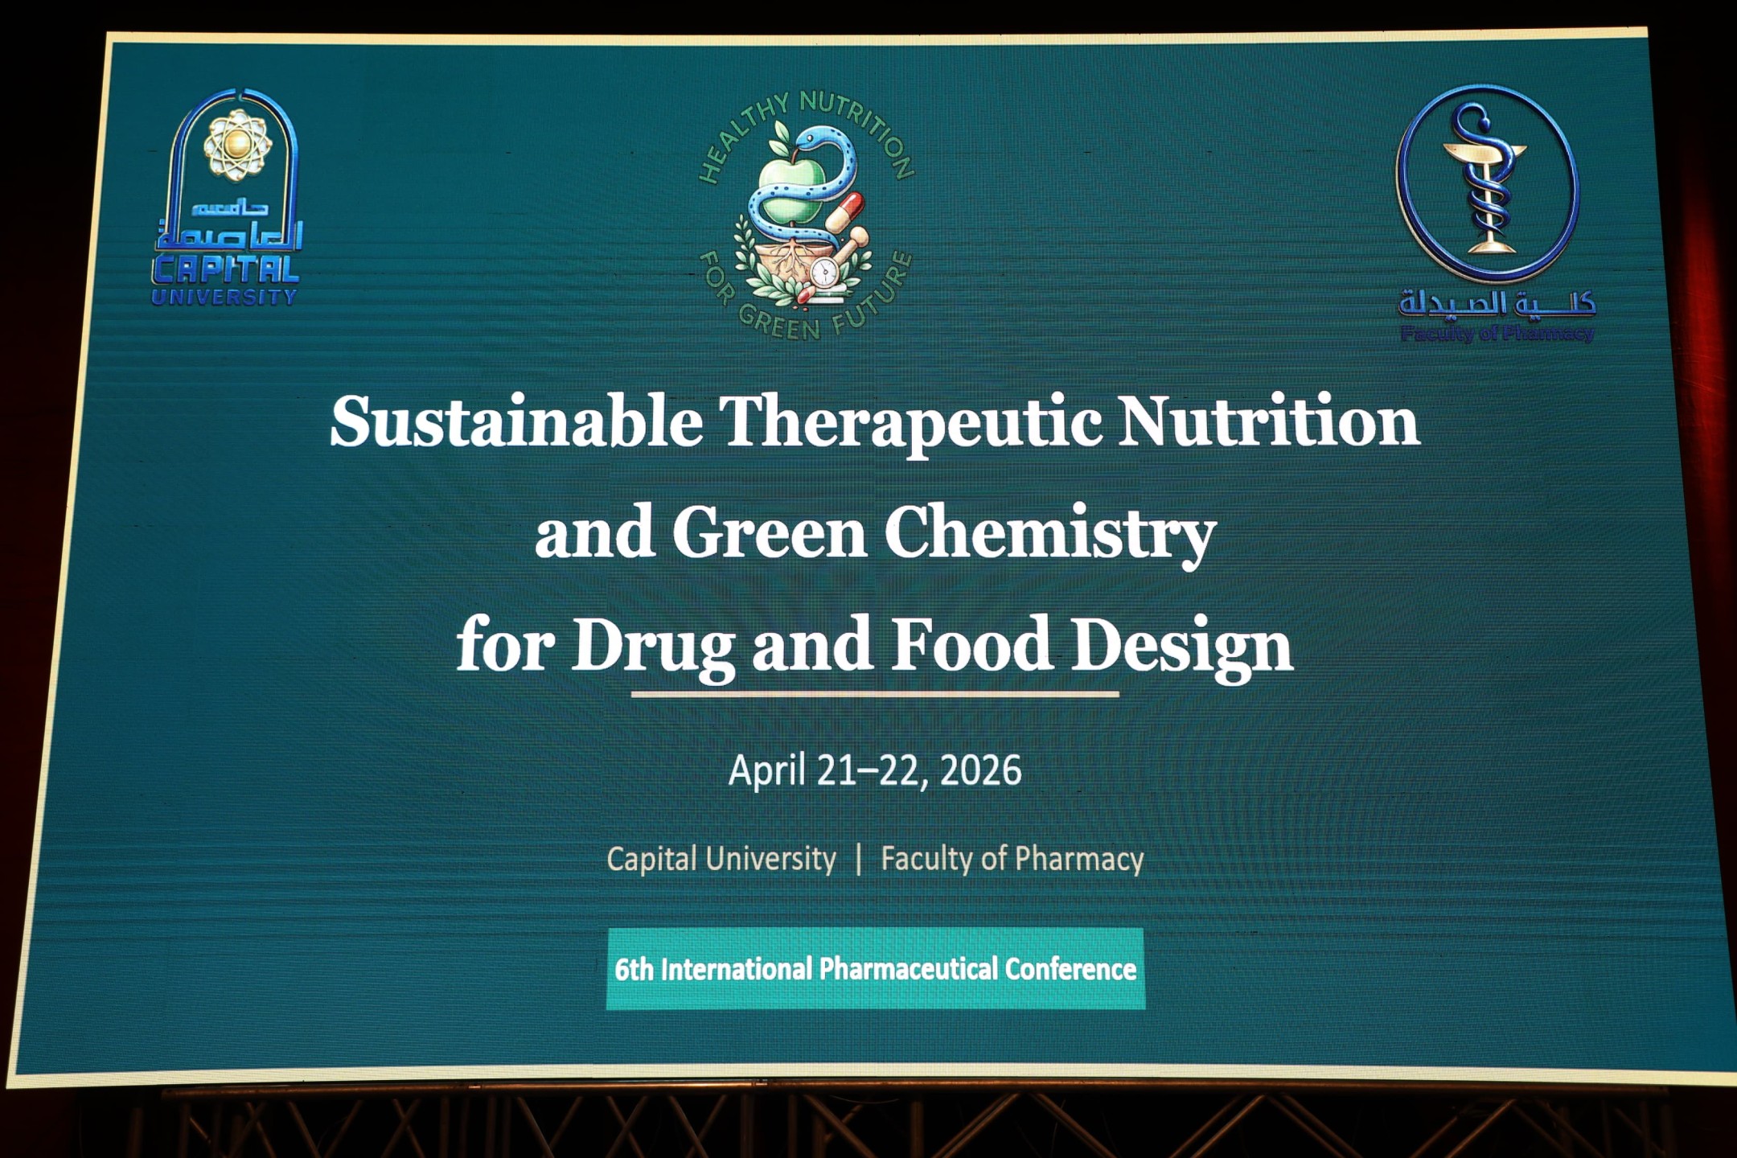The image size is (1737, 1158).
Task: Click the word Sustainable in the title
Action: pos(516,421)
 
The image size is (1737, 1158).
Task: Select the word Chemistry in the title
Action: pos(1049,534)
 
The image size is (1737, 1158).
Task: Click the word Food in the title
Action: pos(971,643)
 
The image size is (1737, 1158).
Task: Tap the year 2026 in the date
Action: pos(980,770)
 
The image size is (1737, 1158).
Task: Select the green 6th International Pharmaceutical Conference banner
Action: pos(876,968)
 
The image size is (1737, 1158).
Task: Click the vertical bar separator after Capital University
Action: pos(859,859)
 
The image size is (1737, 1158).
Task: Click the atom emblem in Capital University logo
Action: pos(236,144)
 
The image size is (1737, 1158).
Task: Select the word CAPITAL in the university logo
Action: pos(226,269)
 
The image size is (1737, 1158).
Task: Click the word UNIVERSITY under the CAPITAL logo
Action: pos(224,297)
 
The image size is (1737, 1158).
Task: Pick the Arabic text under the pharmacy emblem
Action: pos(1497,303)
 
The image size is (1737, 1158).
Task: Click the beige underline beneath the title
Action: pos(875,694)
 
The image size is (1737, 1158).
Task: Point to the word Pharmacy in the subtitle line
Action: pos(1079,860)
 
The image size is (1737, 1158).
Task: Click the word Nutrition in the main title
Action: pos(1268,421)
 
